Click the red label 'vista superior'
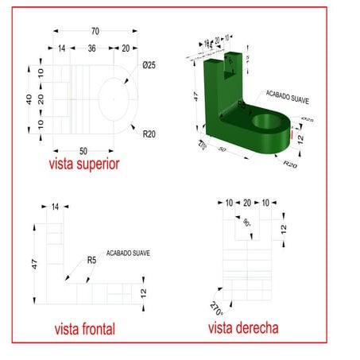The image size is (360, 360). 83,164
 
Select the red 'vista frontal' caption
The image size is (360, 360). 84,329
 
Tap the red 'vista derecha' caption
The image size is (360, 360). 243,327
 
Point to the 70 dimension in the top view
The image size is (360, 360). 95,31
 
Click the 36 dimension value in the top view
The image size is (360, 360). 91,48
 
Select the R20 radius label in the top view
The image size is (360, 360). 149,134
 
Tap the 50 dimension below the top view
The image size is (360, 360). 83,150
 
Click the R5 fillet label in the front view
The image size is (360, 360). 91,260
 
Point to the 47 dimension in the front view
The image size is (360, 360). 34,264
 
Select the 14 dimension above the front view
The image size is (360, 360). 55,207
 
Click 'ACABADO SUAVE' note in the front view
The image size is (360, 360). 128,253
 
